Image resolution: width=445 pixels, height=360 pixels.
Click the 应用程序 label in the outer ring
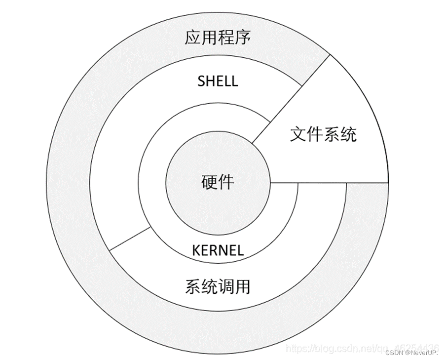pyautogui.click(x=218, y=38)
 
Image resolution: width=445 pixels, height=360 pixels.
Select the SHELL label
pyautogui.click(x=218, y=81)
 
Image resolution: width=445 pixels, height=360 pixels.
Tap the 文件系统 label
pyautogui.click(x=323, y=134)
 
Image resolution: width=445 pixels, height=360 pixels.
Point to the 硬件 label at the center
pyautogui.click(x=218, y=182)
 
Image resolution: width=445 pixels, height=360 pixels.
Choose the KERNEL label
pyautogui.click(x=218, y=250)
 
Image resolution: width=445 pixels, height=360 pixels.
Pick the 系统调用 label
pyautogui.click(x=218, y=286)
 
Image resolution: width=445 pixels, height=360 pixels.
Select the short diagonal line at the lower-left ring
pyautogui.click(x=130, y=239)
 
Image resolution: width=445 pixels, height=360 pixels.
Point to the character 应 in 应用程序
pyautogui.click(x=193, y=38)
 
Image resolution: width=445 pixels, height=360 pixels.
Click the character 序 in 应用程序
pyautogui.click(x=242, y=38)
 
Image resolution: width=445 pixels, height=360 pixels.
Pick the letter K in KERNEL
pyautogui.click(x=196, y=250)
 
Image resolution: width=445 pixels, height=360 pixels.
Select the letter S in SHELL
pyautogui.click(x=201, y=81)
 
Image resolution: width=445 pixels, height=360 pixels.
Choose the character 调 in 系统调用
pyautogui.click(x=226, y=286)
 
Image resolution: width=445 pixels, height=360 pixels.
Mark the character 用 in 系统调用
pyautogui.click(x=242, y=286)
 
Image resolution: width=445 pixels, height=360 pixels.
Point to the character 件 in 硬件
pyautogui.click(x=226, y=182)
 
